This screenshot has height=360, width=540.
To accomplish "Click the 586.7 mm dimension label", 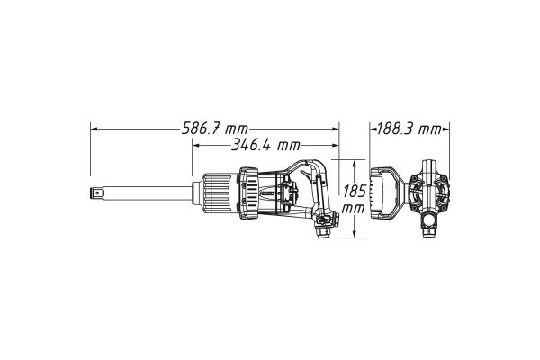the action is coord(214,130).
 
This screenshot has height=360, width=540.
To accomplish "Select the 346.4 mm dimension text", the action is coord(265,146).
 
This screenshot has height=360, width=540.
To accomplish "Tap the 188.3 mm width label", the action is coord(409,130).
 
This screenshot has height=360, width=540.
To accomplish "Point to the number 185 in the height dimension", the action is coord(354,191).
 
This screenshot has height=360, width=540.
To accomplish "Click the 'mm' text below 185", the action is coord(354,208).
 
